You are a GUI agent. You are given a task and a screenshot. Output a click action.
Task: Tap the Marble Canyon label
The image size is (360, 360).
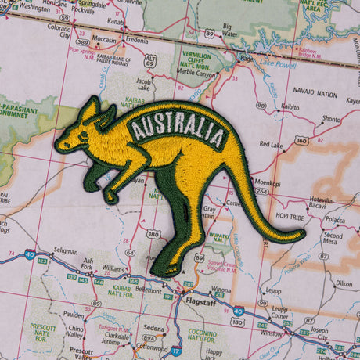(198, 77)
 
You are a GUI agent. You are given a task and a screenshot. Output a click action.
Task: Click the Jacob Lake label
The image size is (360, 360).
(144, 84)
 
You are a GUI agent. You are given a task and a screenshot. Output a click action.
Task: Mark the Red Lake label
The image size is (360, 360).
(272, 145)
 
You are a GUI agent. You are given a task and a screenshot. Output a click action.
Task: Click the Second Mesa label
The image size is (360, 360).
(333, 239)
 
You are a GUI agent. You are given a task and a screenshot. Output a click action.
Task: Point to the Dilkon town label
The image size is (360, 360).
(344, 284)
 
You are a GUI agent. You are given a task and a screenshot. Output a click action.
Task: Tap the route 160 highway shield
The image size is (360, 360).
(302, 141)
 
